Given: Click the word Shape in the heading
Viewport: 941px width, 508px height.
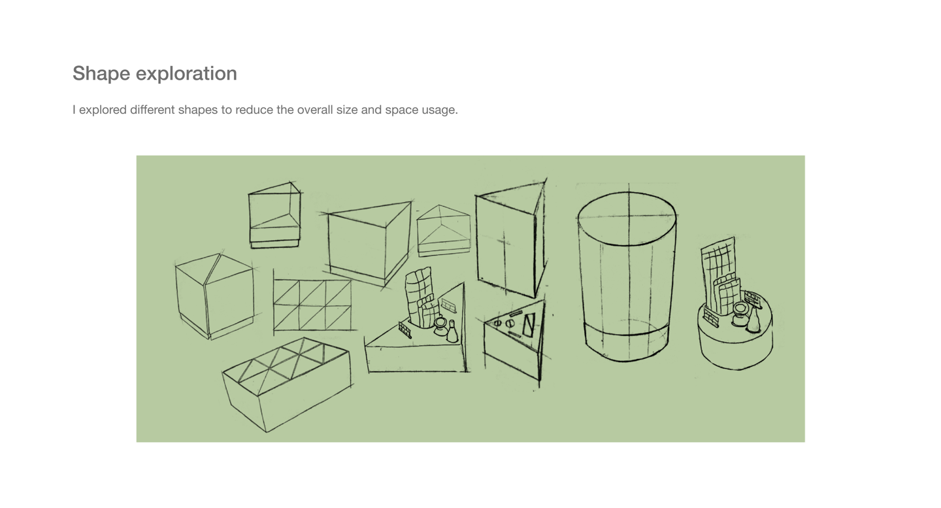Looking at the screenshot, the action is click(101, 74).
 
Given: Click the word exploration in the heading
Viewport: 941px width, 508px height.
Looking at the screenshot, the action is click(186, 74).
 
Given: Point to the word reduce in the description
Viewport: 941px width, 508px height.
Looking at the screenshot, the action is click(254, 110).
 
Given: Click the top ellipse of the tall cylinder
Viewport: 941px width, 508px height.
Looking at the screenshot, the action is click(627, 218).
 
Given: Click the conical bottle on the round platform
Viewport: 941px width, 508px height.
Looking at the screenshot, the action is click(754, 322).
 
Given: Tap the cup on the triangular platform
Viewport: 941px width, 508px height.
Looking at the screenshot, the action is click(440, 326).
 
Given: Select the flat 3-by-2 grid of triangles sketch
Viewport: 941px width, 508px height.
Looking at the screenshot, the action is click(312, 305).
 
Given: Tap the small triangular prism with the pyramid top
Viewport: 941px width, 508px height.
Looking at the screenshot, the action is click(444, 230).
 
